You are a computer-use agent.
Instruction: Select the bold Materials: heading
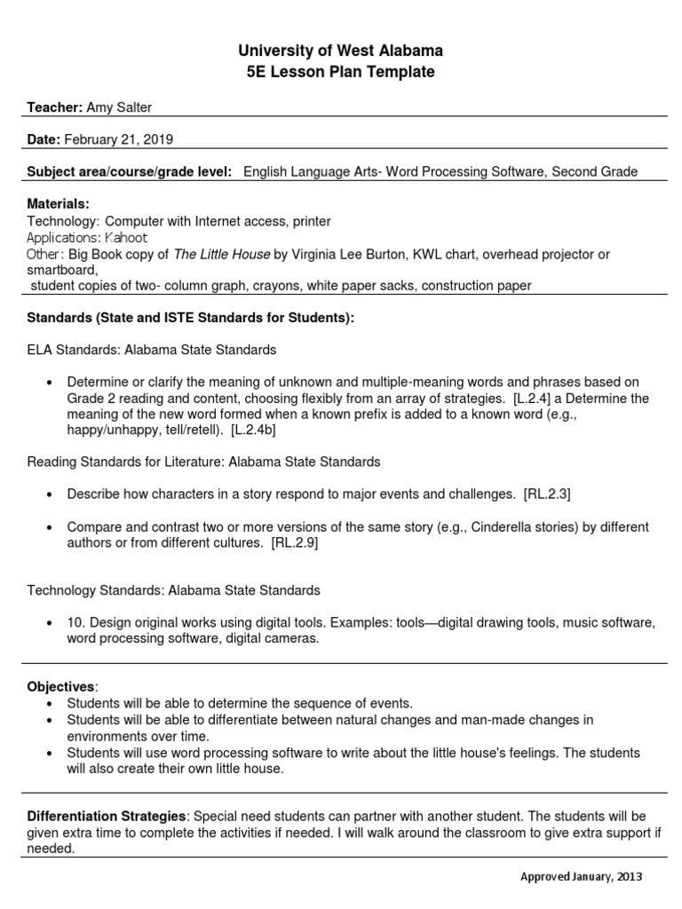[58, 204]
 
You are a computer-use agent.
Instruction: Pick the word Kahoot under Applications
[126, 238]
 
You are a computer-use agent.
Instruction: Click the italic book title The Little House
[221, 255]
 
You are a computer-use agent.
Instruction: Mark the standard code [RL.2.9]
[294, 543]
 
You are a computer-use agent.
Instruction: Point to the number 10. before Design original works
[76, 622]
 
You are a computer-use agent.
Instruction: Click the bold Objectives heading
[60, 687]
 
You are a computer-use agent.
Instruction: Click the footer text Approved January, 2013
[581, 876]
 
